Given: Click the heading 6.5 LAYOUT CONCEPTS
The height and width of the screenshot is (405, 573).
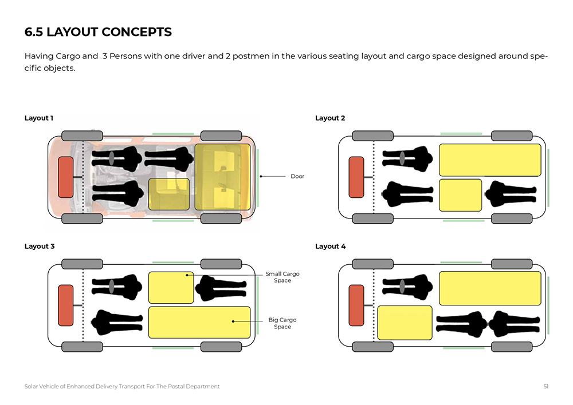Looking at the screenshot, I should [98, 33].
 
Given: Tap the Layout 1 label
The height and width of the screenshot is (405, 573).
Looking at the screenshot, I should [39, 118].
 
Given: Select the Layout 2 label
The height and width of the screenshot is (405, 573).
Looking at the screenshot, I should [330, 118].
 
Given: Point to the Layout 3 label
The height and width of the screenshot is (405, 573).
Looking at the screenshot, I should [40, 247].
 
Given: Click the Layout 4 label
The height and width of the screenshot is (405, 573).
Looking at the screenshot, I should [331, 247].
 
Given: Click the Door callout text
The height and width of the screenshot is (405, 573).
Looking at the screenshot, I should [297, 177].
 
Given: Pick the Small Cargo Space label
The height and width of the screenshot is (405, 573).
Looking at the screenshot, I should [282, 277].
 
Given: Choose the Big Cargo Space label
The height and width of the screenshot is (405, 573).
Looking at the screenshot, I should [282, 323].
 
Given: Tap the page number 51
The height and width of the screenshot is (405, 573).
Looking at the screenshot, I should [546, 387].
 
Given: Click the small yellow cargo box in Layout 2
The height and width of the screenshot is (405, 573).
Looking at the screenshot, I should [461, 195].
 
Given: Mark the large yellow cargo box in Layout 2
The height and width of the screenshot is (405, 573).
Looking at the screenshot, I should [490, 160].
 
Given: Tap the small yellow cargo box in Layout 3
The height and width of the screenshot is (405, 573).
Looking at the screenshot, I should [171, 288].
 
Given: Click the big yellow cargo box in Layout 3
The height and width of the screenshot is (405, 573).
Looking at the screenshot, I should [199, 322].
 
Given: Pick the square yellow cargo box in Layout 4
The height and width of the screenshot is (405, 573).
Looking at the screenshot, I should [405, 323].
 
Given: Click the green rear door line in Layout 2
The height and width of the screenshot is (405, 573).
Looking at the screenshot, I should [548, 177].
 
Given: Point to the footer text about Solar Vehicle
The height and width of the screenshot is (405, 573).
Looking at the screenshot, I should [122, 387].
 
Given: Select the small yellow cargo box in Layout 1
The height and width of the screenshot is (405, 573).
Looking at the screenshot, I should [169, 194].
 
